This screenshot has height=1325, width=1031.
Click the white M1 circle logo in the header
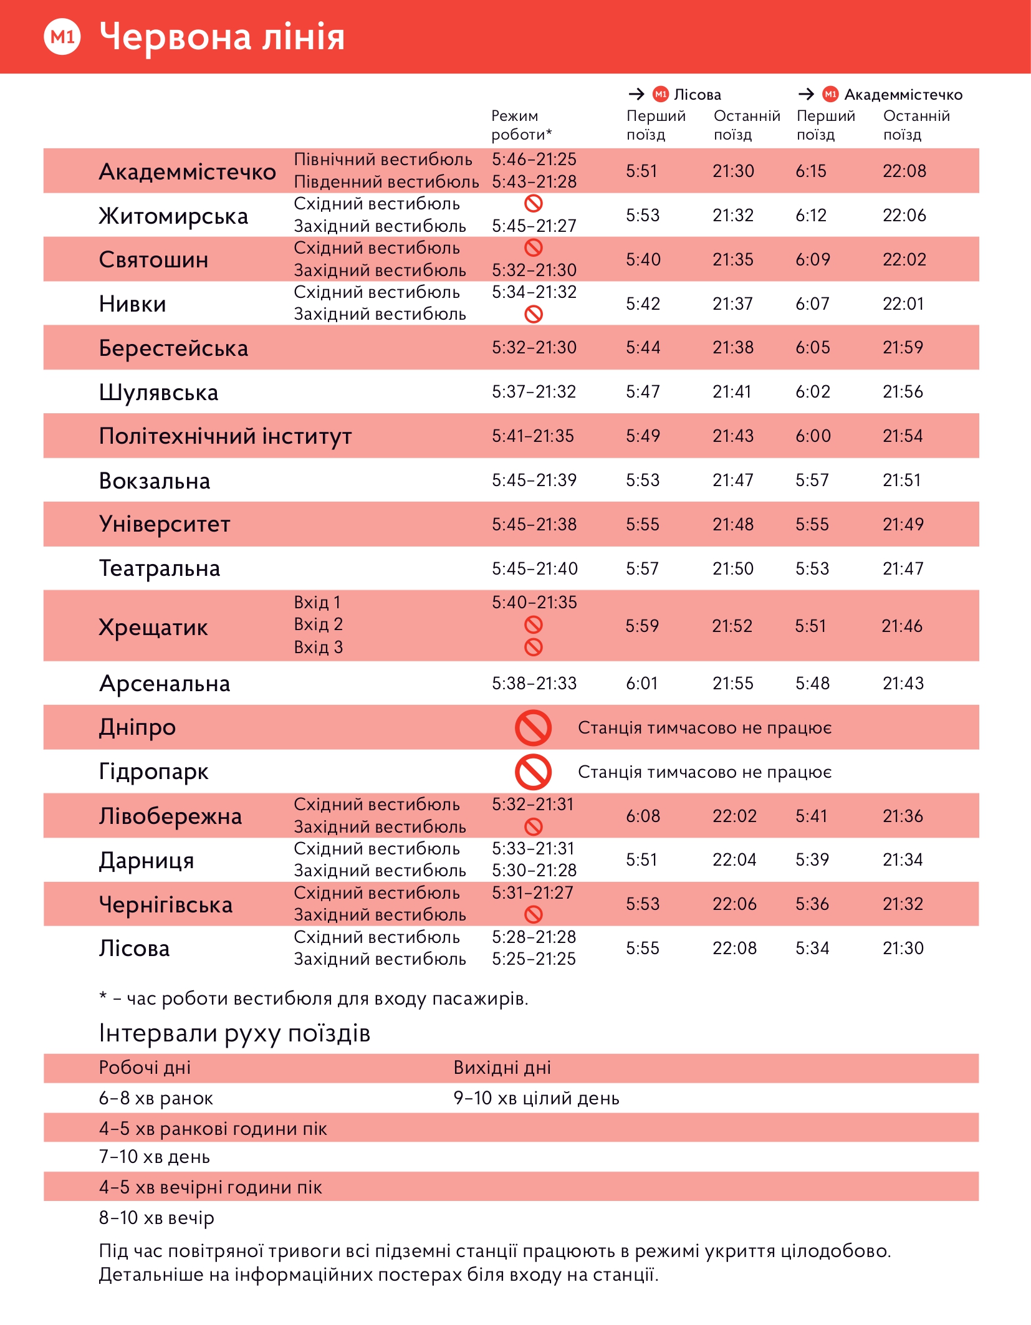click(x=62, y=37)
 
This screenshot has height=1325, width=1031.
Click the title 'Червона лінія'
click(x=222, y=37)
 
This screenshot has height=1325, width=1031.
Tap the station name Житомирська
click(x=173, y=216)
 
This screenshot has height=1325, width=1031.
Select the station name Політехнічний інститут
click(x=225, y=436)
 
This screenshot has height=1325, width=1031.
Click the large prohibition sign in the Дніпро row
click(x=533, y=728)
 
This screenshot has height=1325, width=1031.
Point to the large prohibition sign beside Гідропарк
click(x=533, y=772)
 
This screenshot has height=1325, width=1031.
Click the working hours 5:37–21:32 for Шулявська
click(x=534, y=392)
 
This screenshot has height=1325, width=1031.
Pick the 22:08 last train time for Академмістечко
click(x=904, y=171)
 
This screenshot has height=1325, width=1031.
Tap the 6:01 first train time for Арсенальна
click(x=641, y=684)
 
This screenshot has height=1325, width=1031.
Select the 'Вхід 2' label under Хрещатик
click(x=318, y=624)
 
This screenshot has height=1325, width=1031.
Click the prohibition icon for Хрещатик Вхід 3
click(x=534, y=648)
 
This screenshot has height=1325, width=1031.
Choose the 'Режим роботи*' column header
click(x=521, y=125)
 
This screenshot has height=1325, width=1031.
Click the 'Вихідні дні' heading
click(x=502, y=1068)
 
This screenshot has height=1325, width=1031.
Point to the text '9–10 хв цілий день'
click(x=536, y=1098)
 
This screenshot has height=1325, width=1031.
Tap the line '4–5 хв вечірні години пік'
click(x=211, y=1187)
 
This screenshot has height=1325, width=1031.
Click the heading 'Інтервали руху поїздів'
click(x=234, y=1033)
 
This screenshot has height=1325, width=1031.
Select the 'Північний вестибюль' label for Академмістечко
click(x=383, y=160)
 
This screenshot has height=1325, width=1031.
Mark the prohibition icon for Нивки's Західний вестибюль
click(x=534, y=314)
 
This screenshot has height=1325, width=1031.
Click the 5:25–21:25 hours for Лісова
click(x=534, y=959)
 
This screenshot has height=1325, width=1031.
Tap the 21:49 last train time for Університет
click(x=903, y=525)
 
